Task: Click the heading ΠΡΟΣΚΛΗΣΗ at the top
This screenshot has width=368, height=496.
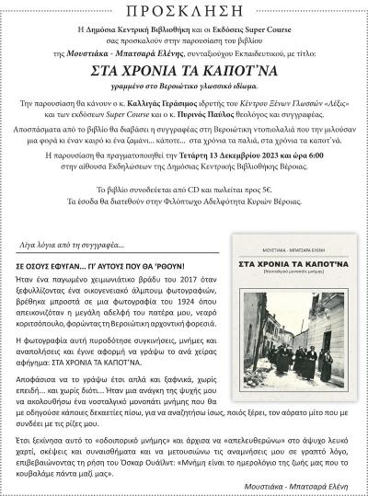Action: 184,12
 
